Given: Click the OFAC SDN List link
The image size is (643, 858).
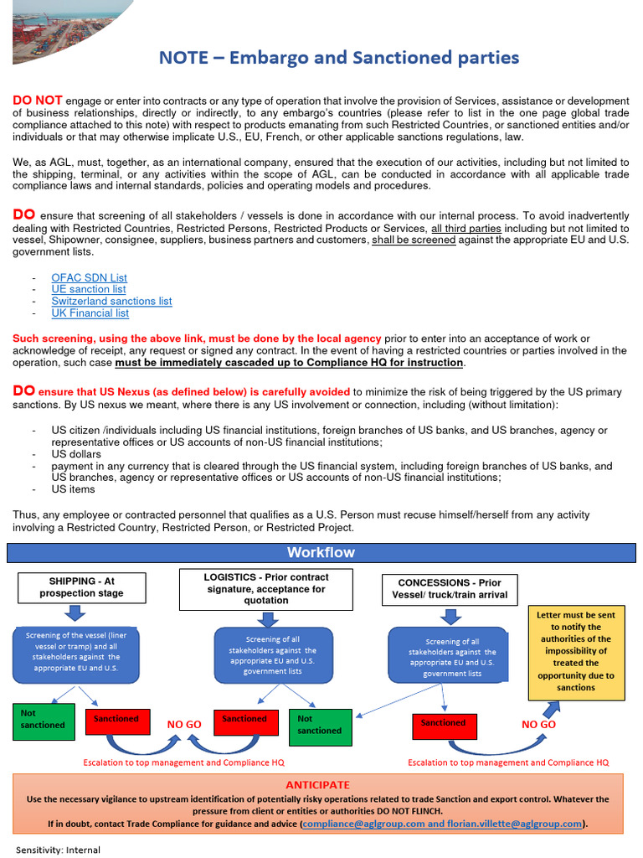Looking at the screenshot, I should tap(89, 277).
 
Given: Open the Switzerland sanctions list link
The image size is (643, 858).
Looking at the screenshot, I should tap(111, 301).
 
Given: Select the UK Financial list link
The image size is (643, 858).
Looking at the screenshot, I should tap(90, 313).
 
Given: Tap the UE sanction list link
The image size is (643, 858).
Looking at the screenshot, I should tap(88, 289).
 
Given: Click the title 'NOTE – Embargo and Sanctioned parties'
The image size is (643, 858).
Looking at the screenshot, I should tap(339, 58).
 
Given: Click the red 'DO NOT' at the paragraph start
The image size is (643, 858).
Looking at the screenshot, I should tap(37, 101).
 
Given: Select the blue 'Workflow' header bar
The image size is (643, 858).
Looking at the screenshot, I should tap(321, 552).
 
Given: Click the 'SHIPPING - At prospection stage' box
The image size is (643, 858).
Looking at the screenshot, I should tap(81, 587).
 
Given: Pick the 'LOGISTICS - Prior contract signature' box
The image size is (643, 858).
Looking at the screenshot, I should tap(266, 589).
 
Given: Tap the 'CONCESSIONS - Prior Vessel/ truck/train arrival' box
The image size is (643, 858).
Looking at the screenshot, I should tap(450, 589).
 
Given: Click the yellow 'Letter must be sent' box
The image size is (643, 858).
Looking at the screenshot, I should tap(575, 651).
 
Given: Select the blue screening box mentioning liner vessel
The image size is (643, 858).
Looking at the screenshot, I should tap(78, 652).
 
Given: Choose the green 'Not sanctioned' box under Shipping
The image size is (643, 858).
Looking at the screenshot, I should tap(44, 720).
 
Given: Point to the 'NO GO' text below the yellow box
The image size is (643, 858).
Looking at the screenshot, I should tap(538, 725).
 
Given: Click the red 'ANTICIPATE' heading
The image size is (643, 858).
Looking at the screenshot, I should tap(318, 785).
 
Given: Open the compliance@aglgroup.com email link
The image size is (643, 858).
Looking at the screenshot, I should tap(363, 824).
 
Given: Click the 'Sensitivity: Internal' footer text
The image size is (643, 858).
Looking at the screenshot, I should tap(58, 850).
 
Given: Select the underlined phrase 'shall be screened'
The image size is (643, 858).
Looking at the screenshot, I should tap(414, 240).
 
